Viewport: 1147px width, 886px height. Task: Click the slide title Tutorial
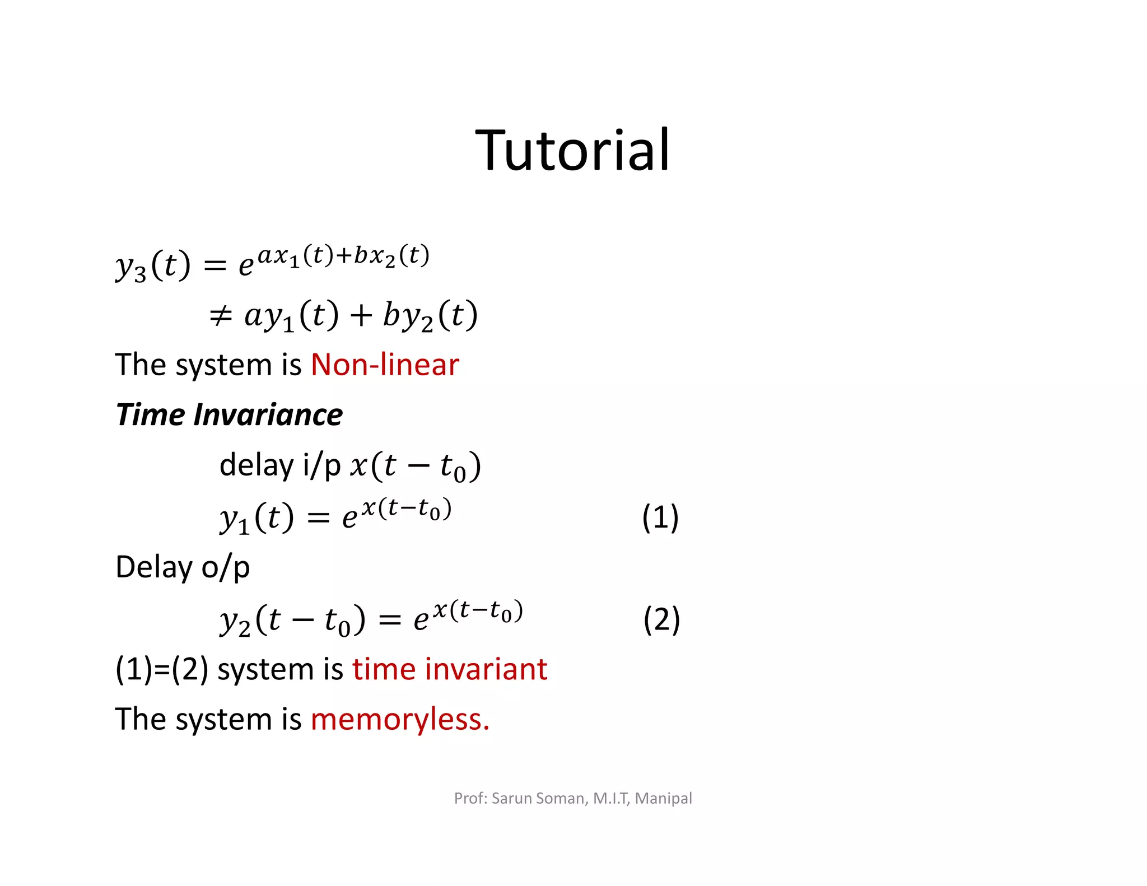click(x=572, y=150)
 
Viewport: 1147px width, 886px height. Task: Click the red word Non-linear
click(x=385, y=365)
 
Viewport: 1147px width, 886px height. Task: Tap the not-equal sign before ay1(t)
click(x=220, y=315)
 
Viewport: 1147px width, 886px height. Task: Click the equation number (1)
click(x=660, y=517)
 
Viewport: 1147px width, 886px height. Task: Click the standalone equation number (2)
click(x=661, y=619)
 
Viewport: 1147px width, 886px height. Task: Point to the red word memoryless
click(x=399, y=719)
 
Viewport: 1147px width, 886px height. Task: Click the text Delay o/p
click(x=183, y=567)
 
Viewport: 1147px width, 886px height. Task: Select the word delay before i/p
click(x=256, y=465)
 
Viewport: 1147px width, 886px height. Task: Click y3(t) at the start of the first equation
click(x=152, y=265)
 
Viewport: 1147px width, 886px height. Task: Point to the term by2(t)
click(x=430, y=315)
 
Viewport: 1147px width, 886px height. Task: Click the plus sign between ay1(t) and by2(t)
click(x=361, y=315)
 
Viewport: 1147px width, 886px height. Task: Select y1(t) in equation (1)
click(x=256, y=518)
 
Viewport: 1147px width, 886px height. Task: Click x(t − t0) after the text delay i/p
click(x=415, y=467)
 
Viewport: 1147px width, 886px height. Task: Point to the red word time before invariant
click(x=384, y=669)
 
